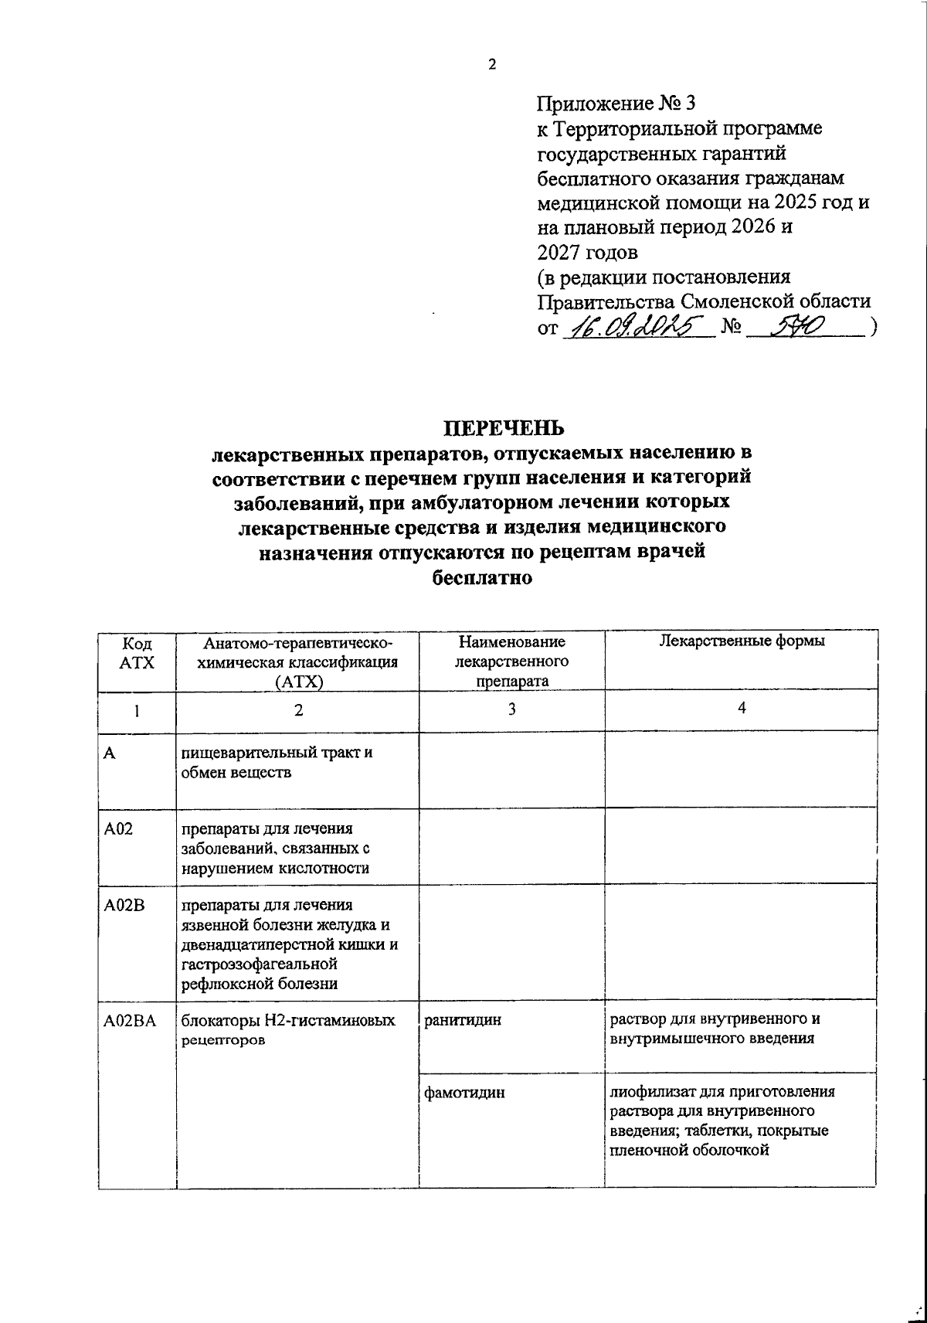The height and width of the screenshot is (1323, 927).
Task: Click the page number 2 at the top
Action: (491, 65)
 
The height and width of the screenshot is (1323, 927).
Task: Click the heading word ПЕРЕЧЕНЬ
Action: (503, 427)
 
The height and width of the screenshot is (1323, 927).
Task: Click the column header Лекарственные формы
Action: (741, 642)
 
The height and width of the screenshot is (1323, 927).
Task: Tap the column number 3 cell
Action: (511, 709)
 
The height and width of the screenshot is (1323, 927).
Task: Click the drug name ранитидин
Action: (463, 1020)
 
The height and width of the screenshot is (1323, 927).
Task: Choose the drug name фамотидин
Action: (465, 1093)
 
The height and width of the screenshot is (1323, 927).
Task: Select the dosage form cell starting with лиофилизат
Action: (722, 1121)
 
